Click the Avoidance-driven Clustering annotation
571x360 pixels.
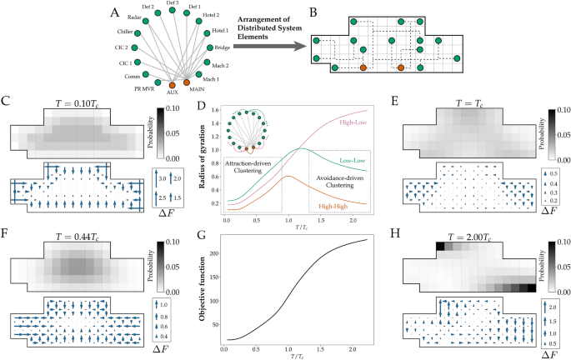tap(332, 172)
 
